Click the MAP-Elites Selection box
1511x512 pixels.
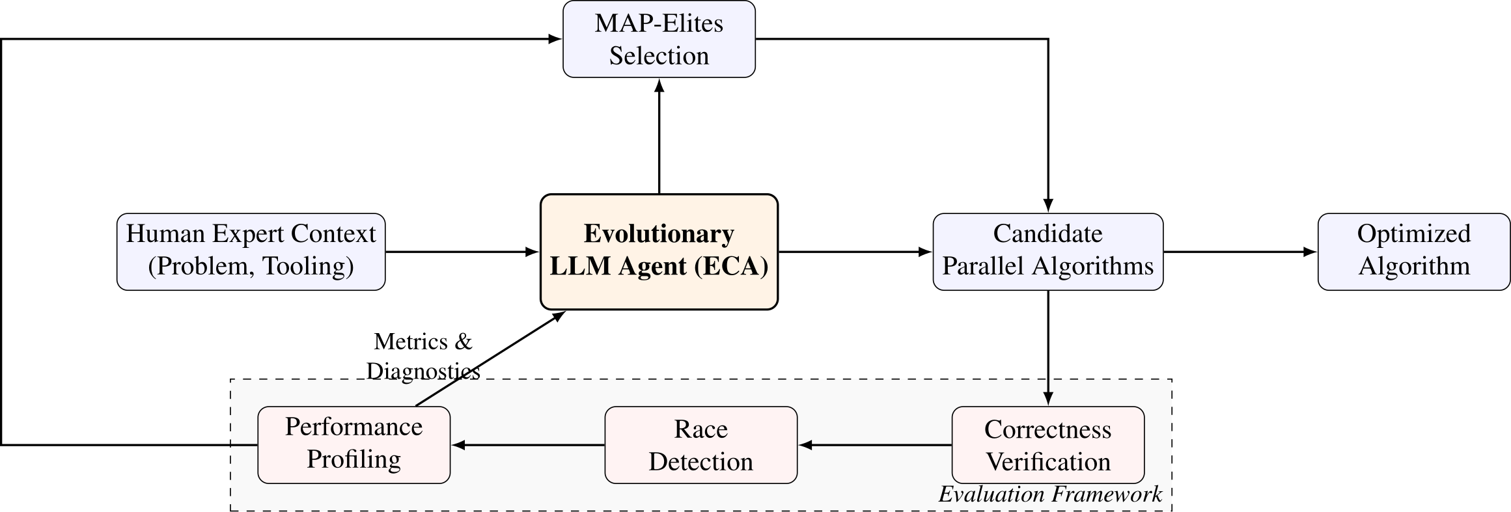pos(659,39)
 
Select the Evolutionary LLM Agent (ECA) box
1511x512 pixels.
pos(659,251)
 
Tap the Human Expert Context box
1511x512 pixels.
pos(251,251)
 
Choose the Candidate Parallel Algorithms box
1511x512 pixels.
pos(1047,251)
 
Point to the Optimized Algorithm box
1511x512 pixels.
pos(1413,251)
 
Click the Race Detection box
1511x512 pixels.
pos(700,445)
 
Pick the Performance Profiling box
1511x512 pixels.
pos(353,445)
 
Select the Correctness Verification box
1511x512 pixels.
pos(1047,445)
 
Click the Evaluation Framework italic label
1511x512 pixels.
pos(1049,494)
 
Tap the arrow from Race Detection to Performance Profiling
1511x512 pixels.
pos(527,445)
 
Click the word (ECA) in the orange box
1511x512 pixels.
pos(731,267)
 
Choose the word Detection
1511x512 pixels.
pos(700,462)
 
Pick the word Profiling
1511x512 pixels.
pos(353,459)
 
